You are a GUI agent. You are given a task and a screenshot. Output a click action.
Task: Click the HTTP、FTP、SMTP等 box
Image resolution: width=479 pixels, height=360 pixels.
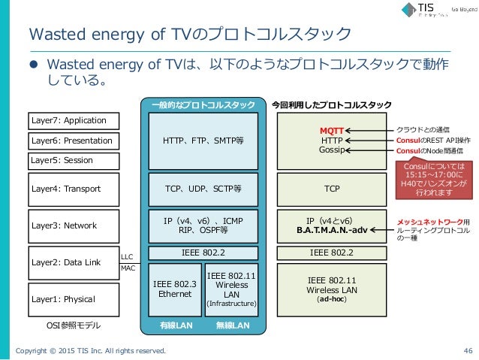[x=202, y=141]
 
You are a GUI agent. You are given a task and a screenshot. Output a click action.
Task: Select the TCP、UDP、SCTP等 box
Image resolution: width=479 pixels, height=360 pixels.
[x=202, y=189]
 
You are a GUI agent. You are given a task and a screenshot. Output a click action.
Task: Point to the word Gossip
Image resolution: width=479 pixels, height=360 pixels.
[x=331, y=150]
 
